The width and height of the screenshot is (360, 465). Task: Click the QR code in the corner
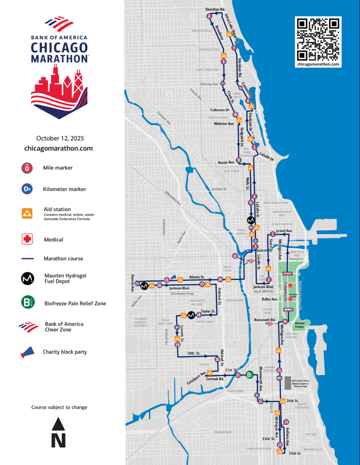(x=318, y=39)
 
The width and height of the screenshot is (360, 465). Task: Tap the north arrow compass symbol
(x=58, y=434)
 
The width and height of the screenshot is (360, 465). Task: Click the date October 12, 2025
(x=58, y=138)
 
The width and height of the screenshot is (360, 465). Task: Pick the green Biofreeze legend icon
(x=27, y=303)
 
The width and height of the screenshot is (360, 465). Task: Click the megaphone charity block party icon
(x=27, y=352)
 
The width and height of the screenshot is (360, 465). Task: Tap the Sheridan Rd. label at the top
(x=215, y=9)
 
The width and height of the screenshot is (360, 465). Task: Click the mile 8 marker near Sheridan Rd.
(x=209, y=17)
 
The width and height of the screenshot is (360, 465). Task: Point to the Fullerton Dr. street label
(x=220, y=110)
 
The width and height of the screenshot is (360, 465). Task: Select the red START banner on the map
(x=288, y=274)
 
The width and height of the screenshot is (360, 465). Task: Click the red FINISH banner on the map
(x=288, y=309)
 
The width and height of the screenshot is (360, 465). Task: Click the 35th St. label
(x=295, y=453)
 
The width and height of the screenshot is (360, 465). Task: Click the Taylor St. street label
(x=208, y=311)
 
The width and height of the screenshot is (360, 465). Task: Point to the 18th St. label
(x=194, y=352)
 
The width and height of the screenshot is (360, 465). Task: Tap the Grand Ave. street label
(x=284, y=231)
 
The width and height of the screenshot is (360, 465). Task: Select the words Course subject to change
(x=59, y=407)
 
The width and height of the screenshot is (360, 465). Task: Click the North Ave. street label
(x=226, y=163)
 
